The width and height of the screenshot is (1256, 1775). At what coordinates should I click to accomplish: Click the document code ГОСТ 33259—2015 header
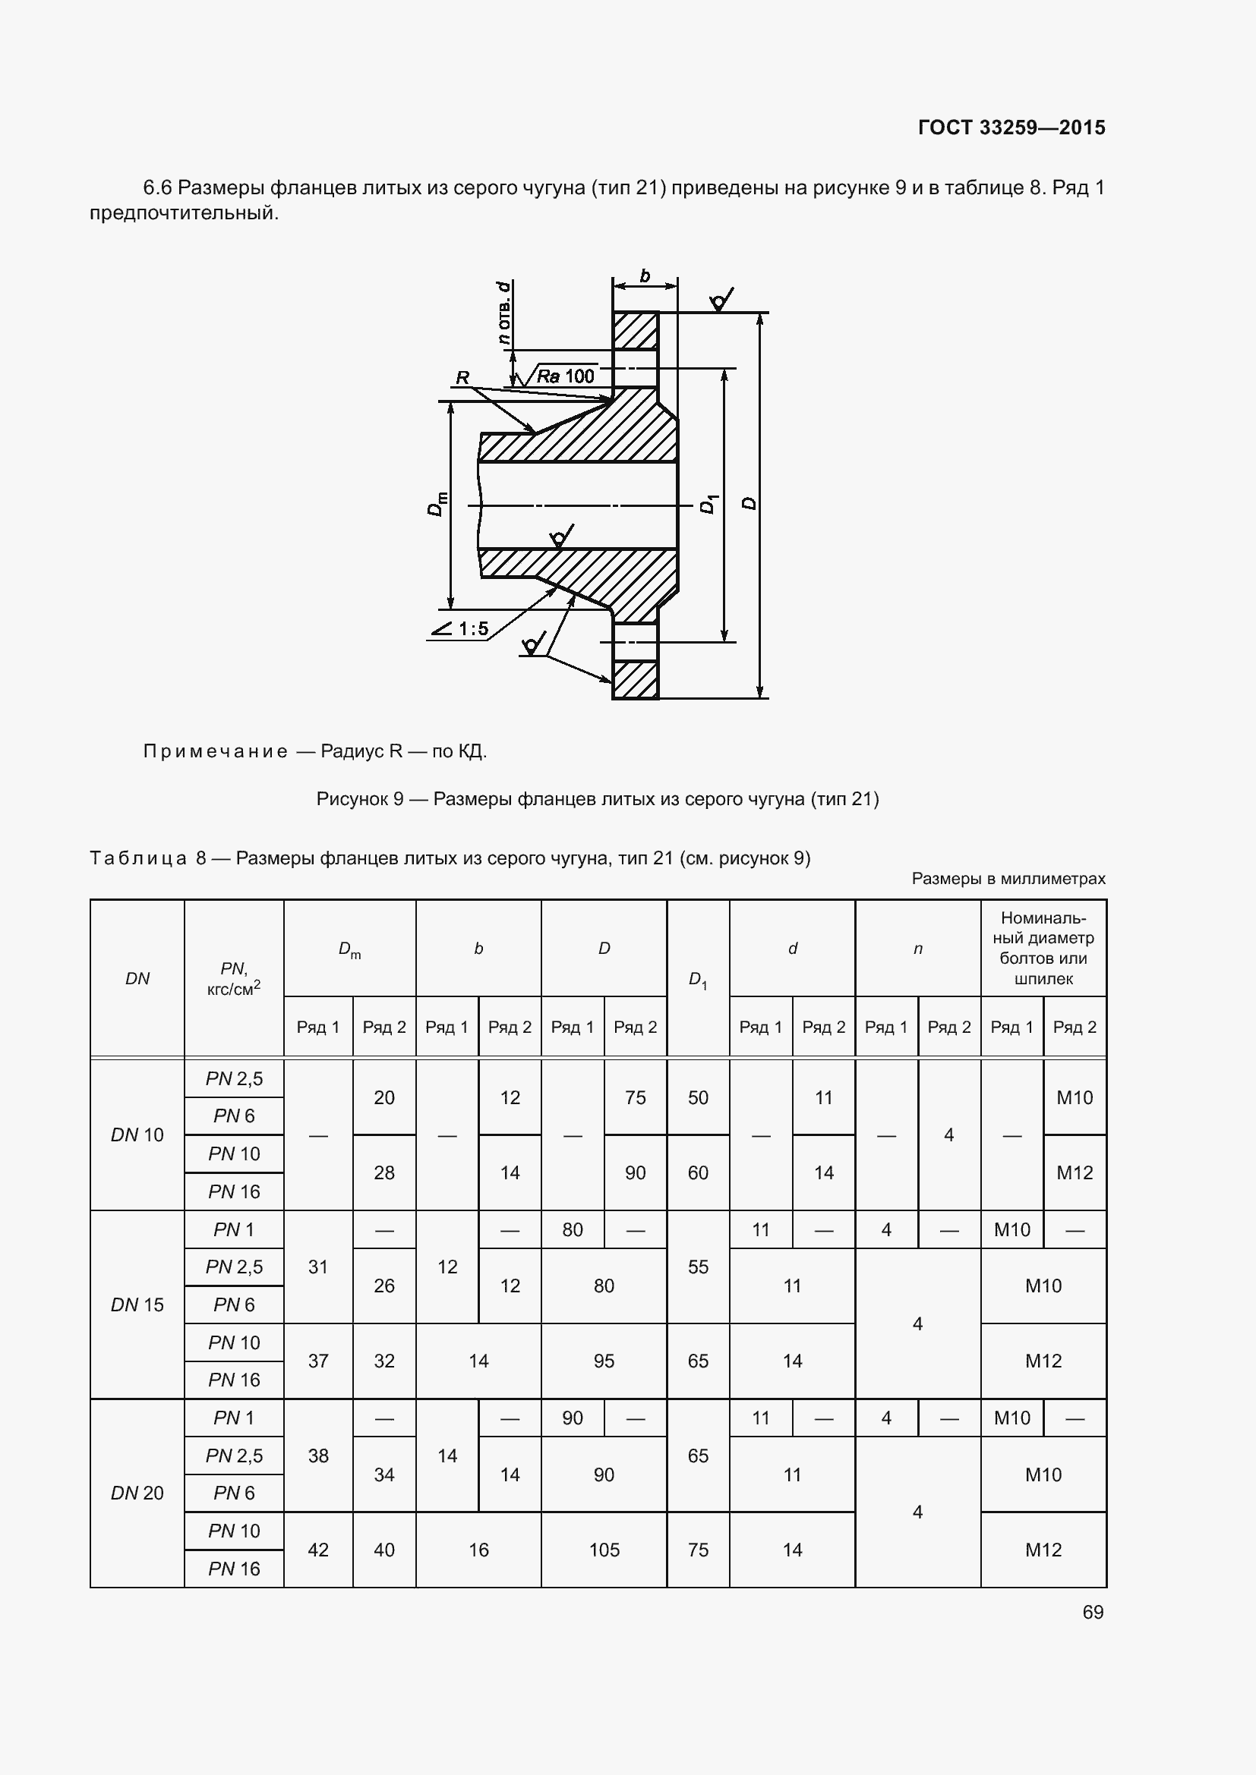(1011, 127)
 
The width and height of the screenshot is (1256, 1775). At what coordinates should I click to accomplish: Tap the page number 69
(1093, 1612)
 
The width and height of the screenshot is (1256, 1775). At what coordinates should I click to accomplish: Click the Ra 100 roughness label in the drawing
(566, 376)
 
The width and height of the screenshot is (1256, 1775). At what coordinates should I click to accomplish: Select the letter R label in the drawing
(462, 378)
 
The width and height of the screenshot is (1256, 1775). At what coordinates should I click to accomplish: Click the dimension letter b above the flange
(645, 276)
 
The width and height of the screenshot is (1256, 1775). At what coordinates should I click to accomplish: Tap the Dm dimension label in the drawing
(437, 503)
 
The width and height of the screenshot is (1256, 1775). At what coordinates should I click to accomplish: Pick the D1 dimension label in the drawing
(707, 504)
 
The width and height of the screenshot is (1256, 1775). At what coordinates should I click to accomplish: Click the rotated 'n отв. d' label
(503, 313)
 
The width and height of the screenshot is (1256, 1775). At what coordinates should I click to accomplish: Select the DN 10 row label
(137, 1135)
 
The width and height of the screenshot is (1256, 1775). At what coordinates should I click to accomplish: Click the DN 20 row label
(137, 1493)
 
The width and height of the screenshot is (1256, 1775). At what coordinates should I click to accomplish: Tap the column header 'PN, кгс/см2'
(234, 979)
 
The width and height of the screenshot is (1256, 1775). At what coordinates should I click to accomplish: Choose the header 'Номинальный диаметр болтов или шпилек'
(1043, 948)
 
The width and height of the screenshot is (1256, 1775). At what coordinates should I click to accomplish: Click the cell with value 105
(603, 1550)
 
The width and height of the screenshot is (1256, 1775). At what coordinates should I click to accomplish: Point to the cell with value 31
(318, 1267)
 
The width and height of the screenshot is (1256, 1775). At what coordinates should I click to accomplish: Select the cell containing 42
(318, 1550)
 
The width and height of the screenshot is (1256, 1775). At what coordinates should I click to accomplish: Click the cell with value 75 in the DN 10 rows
(635, 1097)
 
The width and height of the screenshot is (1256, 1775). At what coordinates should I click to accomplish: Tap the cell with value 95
(603, 1361)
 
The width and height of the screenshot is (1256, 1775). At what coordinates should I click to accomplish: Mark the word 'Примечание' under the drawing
(215, 751)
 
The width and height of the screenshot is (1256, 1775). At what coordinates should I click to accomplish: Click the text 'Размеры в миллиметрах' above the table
(1008, 878)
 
